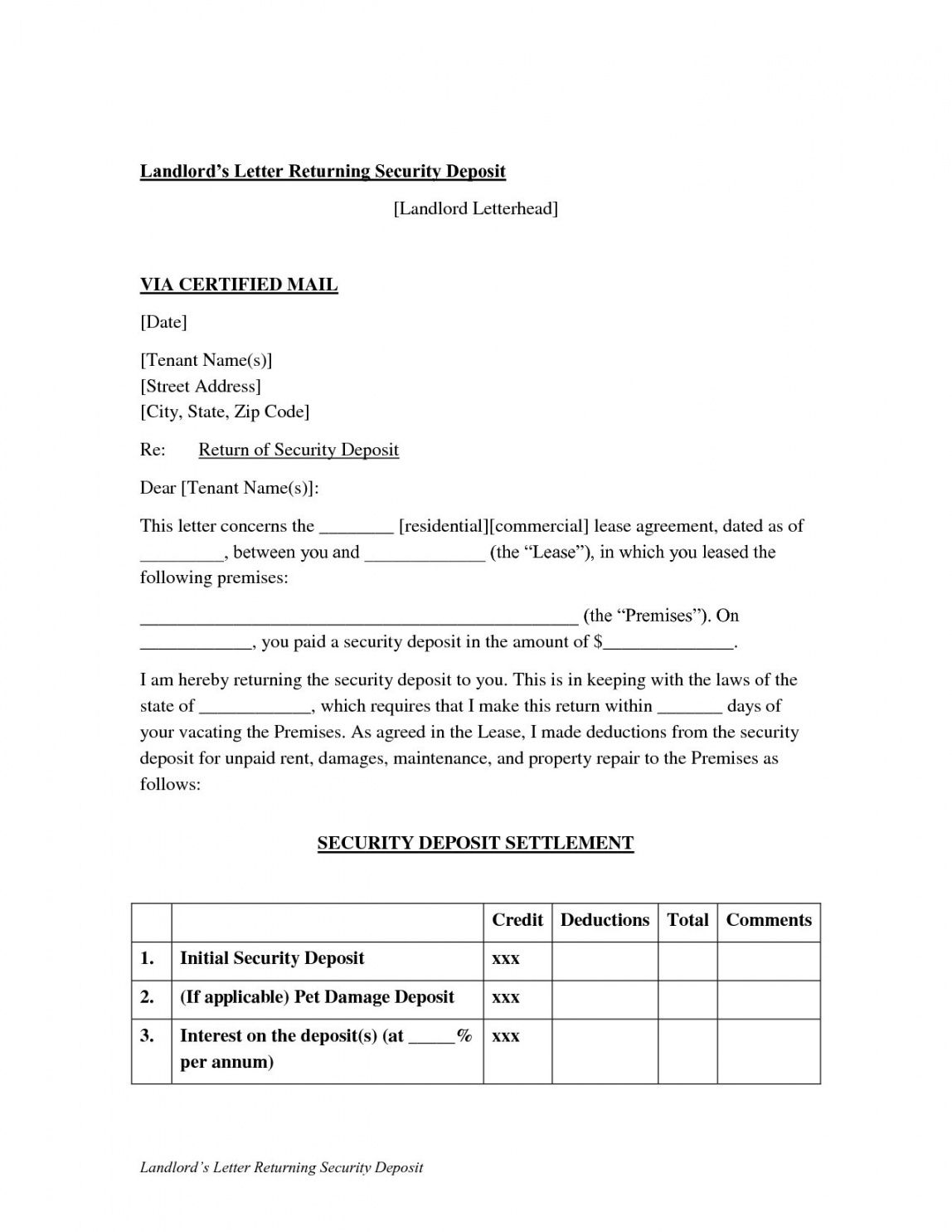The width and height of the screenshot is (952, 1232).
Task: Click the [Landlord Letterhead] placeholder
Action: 475,208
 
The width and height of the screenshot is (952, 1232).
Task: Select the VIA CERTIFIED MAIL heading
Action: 239,285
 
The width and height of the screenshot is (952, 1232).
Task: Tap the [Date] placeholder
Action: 163,322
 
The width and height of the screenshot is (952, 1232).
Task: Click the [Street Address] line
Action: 201,386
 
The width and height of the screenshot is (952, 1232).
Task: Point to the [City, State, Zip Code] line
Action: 225,411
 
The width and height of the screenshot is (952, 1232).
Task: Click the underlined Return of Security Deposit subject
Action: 299,450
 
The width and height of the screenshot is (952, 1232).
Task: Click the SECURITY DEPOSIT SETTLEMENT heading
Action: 475,843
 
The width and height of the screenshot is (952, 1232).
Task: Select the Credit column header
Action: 517,920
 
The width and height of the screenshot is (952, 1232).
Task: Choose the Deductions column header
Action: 605,920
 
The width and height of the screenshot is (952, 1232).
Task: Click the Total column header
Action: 687,920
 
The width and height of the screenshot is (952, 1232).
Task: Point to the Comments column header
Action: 769,920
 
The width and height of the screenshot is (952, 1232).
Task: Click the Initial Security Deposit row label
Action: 272,958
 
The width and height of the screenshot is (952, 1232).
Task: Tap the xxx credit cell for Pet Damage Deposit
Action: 506,997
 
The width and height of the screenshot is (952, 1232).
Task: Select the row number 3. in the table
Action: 147,1035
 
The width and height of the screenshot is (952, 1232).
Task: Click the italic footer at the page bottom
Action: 281,1167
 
